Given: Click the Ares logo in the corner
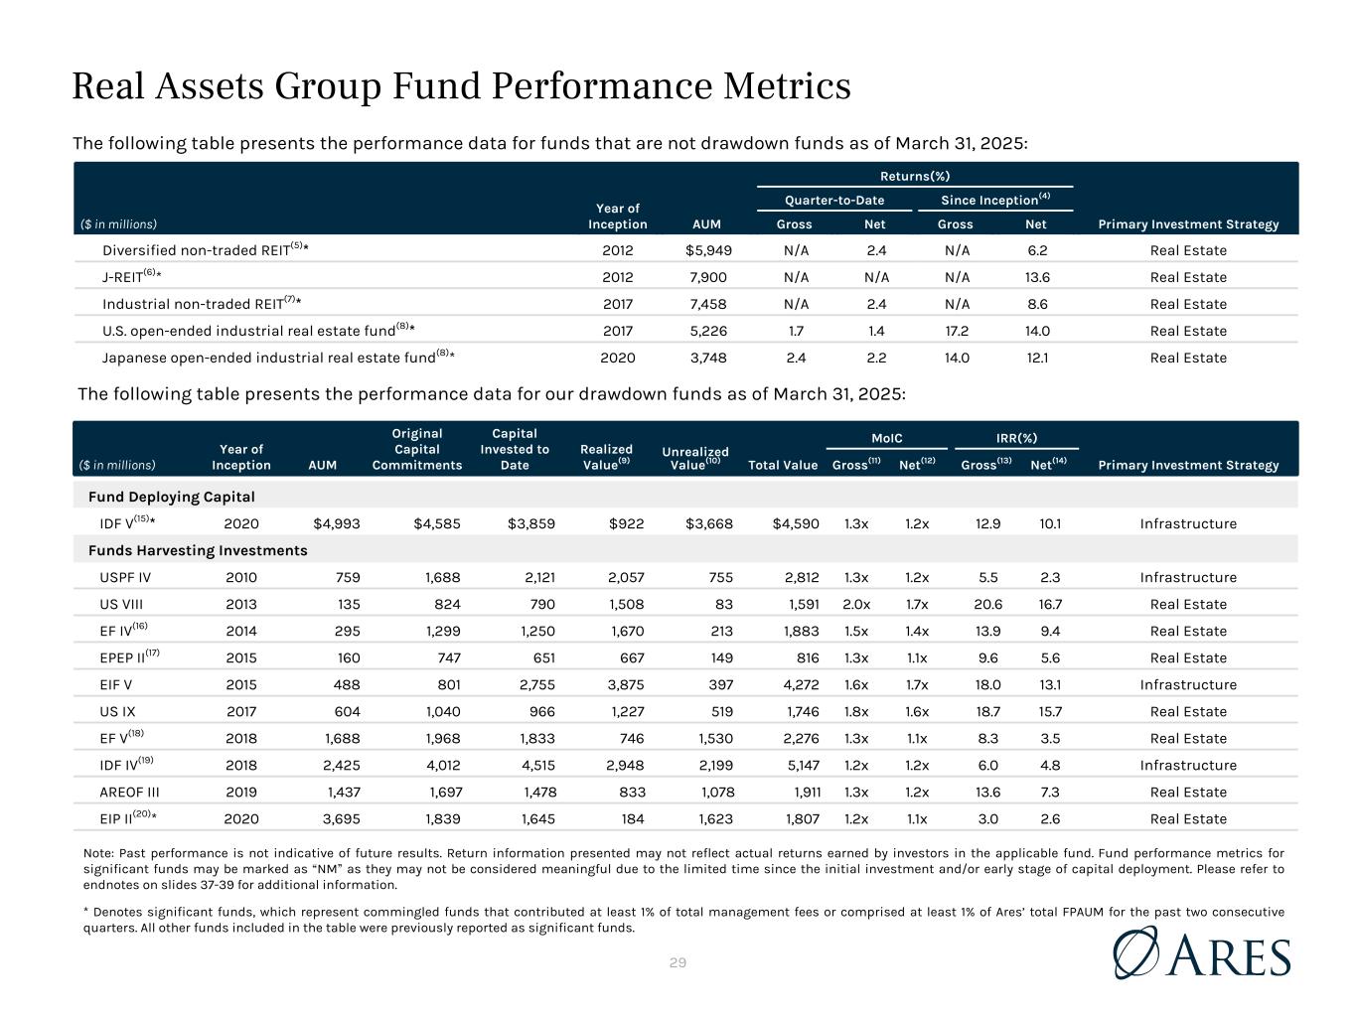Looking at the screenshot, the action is pos(1202,953).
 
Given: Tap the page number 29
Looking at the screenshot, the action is pos(678,962).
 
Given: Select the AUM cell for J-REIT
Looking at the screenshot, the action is pos(708,277).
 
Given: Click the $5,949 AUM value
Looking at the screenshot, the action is pos(708,250).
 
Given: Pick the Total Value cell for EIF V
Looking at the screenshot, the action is pos(802,685).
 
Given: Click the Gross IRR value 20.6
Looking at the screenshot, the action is pos(987,604).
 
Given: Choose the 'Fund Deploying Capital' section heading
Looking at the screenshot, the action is pos(171,497).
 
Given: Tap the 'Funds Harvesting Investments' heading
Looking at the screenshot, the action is pos(198,550).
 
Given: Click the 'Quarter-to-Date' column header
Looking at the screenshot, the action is pos(834,200).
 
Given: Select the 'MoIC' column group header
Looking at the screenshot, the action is pos(886,438).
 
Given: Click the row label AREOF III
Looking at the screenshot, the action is pos(129,792).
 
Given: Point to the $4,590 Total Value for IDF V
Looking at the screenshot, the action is pos(796,523).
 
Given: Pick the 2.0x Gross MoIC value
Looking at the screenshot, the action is pos(856,604).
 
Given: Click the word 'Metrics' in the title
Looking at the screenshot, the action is pos(787,85).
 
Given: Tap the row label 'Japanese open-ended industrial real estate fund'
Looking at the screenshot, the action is pos(269,358).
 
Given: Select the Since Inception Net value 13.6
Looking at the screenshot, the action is pos(1037,277).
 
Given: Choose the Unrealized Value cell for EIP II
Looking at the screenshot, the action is pos(715,818).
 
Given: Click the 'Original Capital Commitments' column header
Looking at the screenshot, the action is pos(417,449).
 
